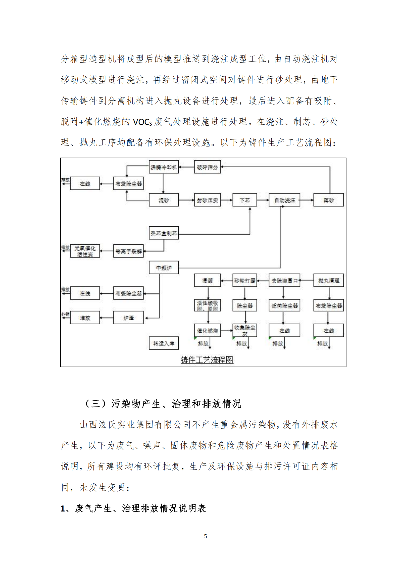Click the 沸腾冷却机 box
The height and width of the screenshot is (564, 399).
[164, 167]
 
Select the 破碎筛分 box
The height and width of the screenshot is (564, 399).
[207, 167]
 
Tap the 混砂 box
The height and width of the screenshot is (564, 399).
[164, 200]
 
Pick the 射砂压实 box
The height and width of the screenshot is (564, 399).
[207, 200]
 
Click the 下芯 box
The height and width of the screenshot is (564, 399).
[244, 200]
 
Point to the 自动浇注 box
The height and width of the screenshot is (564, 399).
[284, 200]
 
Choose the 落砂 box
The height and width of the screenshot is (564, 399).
[328, 200]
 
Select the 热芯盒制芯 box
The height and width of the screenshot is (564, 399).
[164, 233]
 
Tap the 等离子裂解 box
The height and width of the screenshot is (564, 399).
[128, 251]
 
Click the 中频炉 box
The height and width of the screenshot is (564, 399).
[164, 268]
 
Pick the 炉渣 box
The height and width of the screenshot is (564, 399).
[128, 318]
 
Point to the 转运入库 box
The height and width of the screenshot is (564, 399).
[164, 343]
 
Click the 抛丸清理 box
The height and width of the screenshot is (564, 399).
[328, 280]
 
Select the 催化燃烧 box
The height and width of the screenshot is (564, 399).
[207, 331]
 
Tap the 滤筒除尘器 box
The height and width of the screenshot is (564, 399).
[284, 305]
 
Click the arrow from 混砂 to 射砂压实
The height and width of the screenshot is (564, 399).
[186, 200]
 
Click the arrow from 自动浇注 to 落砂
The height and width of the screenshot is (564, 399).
[307, 200]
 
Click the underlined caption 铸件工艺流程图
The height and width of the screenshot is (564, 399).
[207, 360]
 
